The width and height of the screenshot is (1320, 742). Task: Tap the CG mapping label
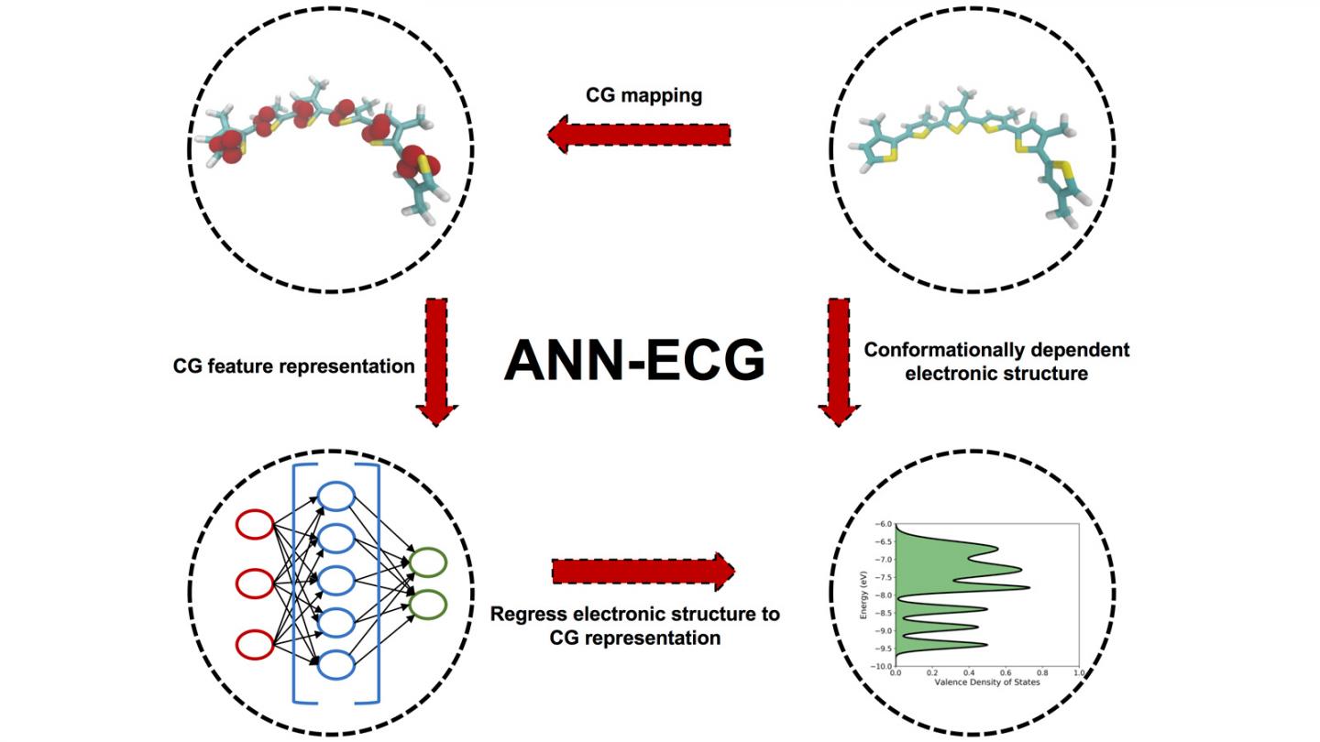click(643, 95)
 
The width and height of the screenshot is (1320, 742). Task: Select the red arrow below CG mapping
click(639, 135)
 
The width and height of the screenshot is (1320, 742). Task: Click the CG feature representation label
click(294, 366)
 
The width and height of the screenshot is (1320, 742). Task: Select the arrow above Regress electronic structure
click(643, 572)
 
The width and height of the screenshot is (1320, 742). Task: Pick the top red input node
click(256, 525)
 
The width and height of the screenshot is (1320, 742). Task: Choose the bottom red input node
click(256, 644)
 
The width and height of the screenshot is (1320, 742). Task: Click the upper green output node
click(428, 562)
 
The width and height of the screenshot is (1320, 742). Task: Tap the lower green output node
click(428, 604)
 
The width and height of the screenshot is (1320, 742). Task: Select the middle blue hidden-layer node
click(335, 580)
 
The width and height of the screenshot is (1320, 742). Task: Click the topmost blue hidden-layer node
click(335, 497)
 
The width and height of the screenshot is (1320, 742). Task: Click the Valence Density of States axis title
click(986, 683)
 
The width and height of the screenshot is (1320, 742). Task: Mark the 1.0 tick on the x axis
click(1078, 673)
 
